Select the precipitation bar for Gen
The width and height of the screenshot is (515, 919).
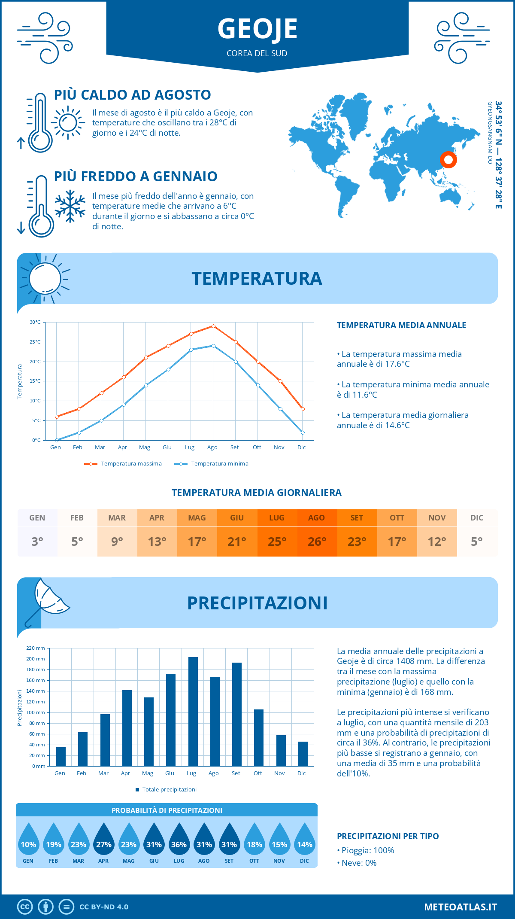[61, 757]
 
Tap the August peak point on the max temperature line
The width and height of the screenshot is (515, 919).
[213, 326]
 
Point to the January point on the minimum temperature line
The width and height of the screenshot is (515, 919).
[57, 440]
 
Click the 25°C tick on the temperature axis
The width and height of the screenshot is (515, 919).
[35, 342]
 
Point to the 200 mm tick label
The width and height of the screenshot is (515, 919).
[36, 659]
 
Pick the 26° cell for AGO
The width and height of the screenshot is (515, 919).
[317, 542]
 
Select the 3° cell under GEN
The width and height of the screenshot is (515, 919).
[37, 542]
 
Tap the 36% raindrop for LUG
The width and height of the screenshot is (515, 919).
[179, 842]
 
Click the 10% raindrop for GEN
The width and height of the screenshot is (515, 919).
[28, 842]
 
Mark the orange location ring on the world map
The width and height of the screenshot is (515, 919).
[448, 160]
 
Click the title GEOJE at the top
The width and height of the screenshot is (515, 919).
[257, 29]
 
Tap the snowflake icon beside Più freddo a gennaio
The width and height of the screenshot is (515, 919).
[70, 206]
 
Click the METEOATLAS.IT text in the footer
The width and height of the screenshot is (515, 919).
[460, 907]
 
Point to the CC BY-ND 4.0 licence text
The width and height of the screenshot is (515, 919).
[104, 907]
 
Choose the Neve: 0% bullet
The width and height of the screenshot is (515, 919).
[357, 863]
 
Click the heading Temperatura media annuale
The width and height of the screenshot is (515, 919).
[401, 326]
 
